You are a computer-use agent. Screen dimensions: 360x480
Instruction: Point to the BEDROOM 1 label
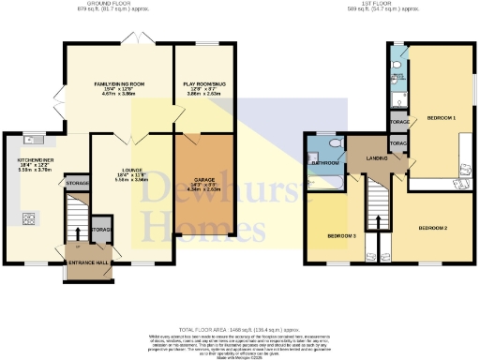[441, 118]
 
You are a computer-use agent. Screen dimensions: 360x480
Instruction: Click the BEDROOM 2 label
[432, 228]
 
